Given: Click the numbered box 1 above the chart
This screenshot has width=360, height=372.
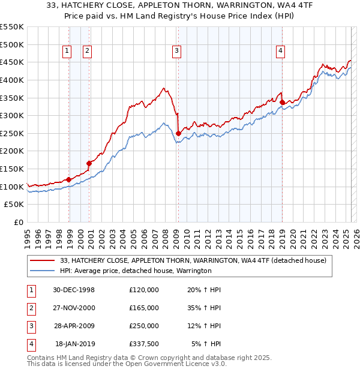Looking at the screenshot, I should tap(66, 52).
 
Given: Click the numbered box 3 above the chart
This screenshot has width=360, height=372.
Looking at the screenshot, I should tap(177, 52).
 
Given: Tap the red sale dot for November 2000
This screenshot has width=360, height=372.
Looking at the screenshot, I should tap(89, 163).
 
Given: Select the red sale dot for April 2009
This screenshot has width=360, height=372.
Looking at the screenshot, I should tap(178, 133).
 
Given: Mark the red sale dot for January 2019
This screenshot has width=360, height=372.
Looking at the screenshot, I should tap(282, 102).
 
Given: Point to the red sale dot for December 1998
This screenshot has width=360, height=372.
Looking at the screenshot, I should tap(69, 179).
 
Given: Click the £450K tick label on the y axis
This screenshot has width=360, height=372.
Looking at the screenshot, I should tap(12, 62).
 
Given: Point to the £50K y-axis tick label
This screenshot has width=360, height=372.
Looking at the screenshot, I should tap(14, 205).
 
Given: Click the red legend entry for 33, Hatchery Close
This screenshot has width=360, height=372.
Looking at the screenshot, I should tap(193, 260).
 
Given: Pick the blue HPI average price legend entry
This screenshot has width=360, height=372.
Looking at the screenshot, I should tap(136, 271).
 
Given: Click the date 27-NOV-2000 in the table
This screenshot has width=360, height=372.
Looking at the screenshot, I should tap(74, 308).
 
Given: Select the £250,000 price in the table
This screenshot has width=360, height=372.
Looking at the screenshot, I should tap(144, 326).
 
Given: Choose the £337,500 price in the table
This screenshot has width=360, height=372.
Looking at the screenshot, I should tap(144, 344).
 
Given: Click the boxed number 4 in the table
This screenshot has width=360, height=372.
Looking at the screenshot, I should tap(30, 344).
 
